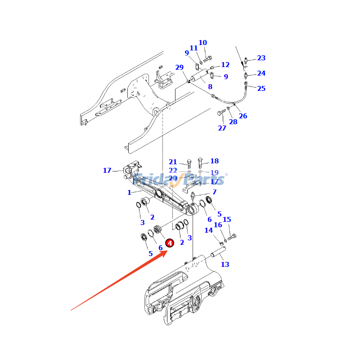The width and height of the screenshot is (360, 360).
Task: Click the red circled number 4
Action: pyautogui.click(x=170, y=243)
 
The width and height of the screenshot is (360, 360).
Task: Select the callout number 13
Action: pyautogui.click(x=225, y=265)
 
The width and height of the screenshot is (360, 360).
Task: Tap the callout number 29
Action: pyautogui.click(x=180, y=67)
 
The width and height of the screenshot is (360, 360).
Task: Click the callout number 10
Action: pyautogui.click(x=203, y=43)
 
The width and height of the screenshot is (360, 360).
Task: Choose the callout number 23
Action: pyautogui.click(x=261, y=58)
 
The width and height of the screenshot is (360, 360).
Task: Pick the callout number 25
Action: pyautogui.click(x=261, y=88)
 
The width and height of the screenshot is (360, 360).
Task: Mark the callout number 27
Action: pyautogui.click(x=222, y=128)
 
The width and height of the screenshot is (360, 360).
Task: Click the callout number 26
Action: pyautogui.click(x=243, y=116)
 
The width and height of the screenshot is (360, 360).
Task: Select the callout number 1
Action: pyautogui.click(x=129, y=193)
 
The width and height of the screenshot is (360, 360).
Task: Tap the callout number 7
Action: pyautogui.click(x=214, y=192)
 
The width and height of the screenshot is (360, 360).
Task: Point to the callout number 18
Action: pyautogui.click(x=214, y=161)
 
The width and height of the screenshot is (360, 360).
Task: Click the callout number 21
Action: pyautogui.click(x=173, y=162)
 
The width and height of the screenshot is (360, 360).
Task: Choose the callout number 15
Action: pyautogui.click(x=227, y=220)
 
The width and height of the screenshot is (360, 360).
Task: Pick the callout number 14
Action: pyautogui.click(x=209, y=230)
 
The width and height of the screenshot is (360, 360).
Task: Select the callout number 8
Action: pyautogui.click(x=210, y=86)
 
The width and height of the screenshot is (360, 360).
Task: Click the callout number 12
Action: pyautogui.click(x=225, y=65)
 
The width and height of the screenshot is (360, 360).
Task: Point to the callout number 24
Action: pyautogui.click(x=261, y=73)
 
